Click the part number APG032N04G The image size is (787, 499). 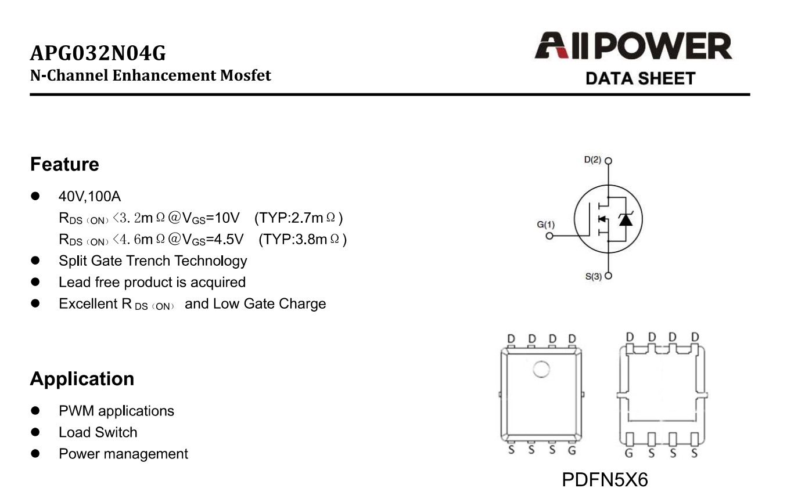tap(98, 54)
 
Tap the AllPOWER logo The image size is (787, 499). tap(633, 47)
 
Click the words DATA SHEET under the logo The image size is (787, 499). tap(640, 78)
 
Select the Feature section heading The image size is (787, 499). tap(64, 164)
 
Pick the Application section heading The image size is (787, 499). tap(82, 379)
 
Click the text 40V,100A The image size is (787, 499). tap(89, 196)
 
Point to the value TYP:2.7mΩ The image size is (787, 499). tap(299, 218)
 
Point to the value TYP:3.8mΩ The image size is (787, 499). tap(303, 239)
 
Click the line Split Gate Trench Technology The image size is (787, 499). tap(153, 261)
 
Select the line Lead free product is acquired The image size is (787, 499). tap(152, 282)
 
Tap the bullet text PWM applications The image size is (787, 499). tap(116, 411)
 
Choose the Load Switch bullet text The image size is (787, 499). tap(98, 432)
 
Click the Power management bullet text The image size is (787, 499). tap(123, 454)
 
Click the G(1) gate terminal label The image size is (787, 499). tap(545, 225)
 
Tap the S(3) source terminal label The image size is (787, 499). tap(593, 277)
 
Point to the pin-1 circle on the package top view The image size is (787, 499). tap(541, 369)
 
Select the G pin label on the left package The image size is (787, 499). tap(572, 450)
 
